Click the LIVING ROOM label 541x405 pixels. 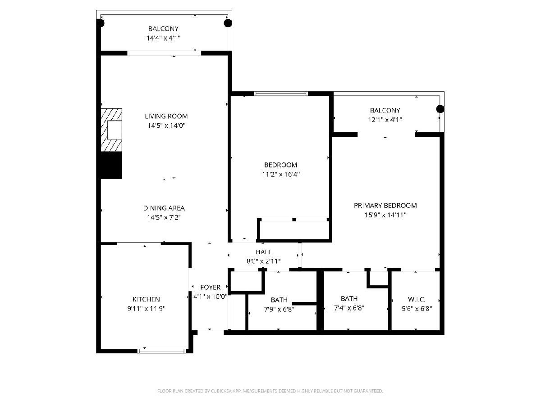(166, 116)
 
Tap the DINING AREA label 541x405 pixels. (164, 208)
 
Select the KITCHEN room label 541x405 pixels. (146, 299)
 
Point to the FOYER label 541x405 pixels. (210, 287)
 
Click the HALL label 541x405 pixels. (263, 252)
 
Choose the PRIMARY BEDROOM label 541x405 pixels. (385, 205)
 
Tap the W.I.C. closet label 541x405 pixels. (417, 299)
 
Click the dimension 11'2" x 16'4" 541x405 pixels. (281, 174)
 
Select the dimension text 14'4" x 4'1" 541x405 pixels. (163, 38)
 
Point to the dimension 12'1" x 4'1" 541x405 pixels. (385, 120)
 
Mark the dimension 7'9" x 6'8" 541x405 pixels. (279, 309)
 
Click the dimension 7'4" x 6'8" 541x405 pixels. (349, 308)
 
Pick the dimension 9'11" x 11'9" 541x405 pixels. (146, 308)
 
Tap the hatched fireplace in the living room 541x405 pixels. (111, 130)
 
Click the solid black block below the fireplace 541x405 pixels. (111, 165)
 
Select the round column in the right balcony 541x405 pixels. (440, 109)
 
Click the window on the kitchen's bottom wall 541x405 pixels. (162, 351)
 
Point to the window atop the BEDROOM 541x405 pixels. (281, 94)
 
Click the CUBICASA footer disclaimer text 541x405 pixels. (270, 391)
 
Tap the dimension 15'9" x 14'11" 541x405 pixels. (385, 215)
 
